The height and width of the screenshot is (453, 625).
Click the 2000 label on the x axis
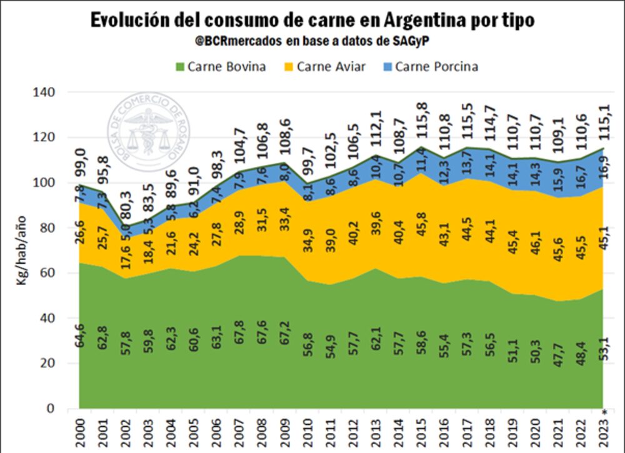(79, 432)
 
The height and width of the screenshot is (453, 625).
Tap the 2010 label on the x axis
(307, 432)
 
